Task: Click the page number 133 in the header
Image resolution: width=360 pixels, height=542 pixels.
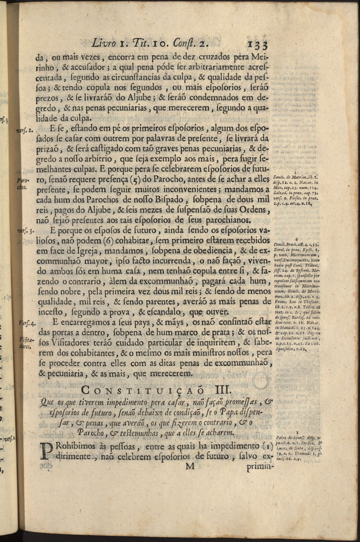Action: click(258, 44)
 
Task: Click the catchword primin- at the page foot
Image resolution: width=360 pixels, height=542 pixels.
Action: click(261, 467)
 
